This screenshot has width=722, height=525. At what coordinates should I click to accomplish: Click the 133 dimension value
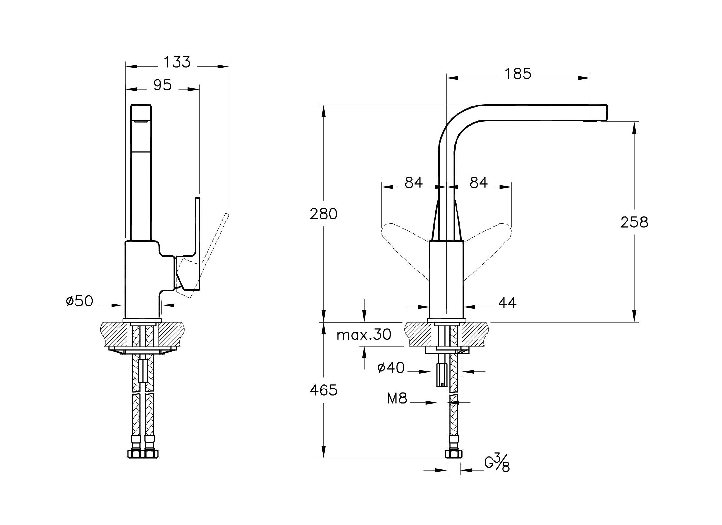[177, 62]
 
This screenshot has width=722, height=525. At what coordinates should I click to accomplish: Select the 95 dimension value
[162, 85]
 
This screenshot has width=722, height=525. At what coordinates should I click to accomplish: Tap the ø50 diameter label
[79, 301]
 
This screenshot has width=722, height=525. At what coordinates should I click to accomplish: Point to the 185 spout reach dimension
[518, 74]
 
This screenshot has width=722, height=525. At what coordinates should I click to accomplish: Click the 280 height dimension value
[324, 214]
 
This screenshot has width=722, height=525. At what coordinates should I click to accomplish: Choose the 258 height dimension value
[634, 222]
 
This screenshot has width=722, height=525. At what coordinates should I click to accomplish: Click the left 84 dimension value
[414, 183]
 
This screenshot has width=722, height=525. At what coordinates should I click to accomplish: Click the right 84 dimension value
[478, 183]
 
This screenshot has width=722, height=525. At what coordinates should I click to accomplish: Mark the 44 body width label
[507, 303]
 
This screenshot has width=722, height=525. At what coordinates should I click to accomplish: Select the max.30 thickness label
[364, 335]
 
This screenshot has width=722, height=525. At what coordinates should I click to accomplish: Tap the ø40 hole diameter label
[391, 368]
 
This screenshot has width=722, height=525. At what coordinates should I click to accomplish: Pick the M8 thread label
[397, 399]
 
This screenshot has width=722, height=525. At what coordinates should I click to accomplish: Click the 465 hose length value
[324, 390]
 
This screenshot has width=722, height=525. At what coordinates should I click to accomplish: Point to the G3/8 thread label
[497, 463]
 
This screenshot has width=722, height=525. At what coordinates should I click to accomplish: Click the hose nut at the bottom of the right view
[454, 454]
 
